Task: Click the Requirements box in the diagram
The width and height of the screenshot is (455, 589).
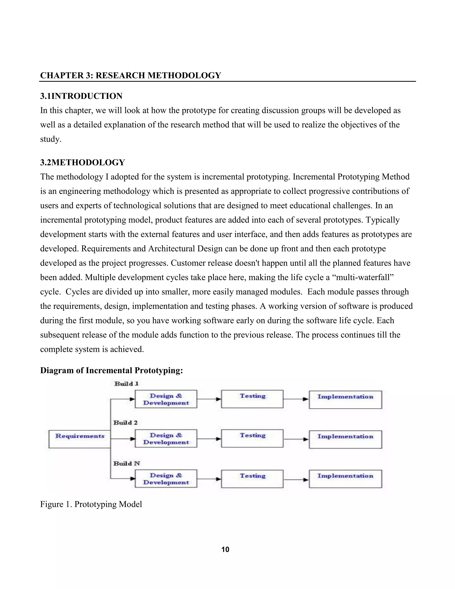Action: (x=80, y=439)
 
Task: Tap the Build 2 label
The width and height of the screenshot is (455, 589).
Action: (x=125, y=423)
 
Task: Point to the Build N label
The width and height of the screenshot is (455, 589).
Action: (x=126, y=463)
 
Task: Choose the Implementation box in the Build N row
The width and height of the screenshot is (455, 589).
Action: (x=345, y=479)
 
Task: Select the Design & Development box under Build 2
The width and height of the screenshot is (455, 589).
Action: (x=166, y=439)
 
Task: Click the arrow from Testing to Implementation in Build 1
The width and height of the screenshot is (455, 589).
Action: (x=296, y=399)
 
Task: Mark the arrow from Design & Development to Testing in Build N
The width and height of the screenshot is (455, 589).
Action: (x=209, y=479)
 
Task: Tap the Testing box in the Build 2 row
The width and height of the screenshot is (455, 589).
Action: (x=252, y=439)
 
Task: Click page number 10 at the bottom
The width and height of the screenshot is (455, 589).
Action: (x=225, y=550)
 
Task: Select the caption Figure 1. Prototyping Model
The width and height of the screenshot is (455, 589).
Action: (x=91, y=504)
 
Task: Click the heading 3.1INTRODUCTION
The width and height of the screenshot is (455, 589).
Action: (x=81, y=96)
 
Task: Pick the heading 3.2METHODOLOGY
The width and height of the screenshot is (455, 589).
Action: (x=82, y=162)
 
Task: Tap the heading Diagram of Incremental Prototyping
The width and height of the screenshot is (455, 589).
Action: (x=111, y=370)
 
